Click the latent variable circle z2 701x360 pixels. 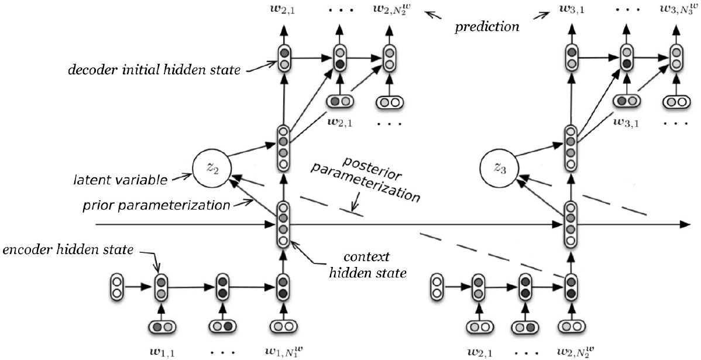[x=208, y=166]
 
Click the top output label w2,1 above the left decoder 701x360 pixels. [x=283, y=10]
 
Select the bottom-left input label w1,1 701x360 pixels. [x=159, y=351]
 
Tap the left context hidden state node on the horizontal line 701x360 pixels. [x=283, y=224]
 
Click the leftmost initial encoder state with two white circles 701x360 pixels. [x=116, y=287]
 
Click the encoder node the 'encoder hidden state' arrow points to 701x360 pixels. [x=161, y=287]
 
